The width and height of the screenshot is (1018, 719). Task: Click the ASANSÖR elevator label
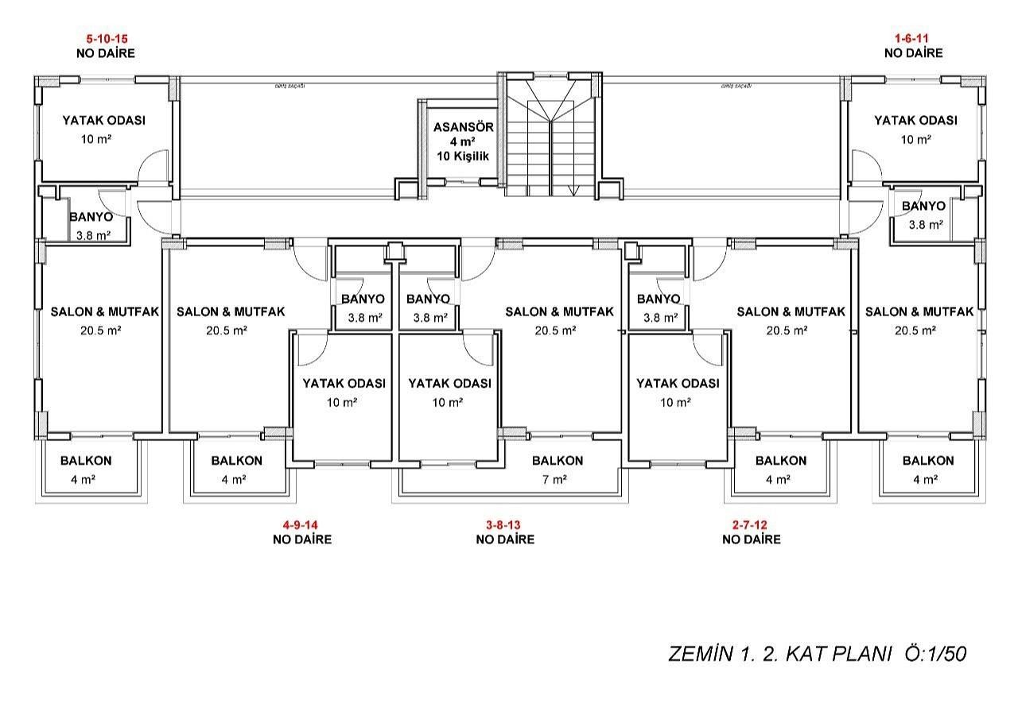click(463, 127)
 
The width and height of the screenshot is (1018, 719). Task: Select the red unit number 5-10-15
click(107, 38)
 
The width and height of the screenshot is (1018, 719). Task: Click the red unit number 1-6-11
click(912, 38)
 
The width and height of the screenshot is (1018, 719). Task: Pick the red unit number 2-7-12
click(751, 524)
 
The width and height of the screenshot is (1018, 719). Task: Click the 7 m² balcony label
click(554, 479)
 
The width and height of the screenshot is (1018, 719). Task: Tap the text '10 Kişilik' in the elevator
click(463, 156)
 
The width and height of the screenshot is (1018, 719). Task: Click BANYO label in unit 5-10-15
click(91, 217)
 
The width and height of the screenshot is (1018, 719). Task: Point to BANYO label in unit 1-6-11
click(923, 207)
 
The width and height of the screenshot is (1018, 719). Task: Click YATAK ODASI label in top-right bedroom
click(915, 121)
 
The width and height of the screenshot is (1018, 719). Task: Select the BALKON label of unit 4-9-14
click(236, 461)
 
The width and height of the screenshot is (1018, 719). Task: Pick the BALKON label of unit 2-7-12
click(780, 461)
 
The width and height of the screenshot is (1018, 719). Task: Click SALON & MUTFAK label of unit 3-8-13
click(559, 312)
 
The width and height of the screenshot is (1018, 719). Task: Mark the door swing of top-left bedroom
click(153, 167)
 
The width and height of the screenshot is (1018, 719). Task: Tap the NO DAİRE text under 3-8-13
click(504, 539)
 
